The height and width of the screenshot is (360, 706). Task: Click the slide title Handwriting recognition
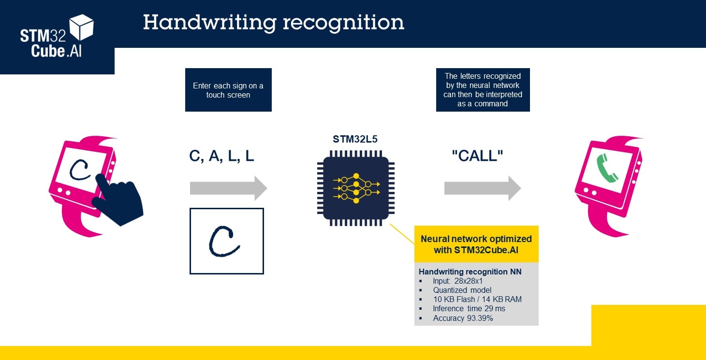pyautogui.click(x=273, y=23)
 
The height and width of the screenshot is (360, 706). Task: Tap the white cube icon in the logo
pyautogui.click(x=81, y=27)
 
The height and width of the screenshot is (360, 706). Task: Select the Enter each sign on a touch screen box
pyautogui.click(x=228, y=90)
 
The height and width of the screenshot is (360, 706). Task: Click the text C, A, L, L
pyautogui.click(x=221, y=156)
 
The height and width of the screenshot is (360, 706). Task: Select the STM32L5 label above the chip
pyautogui.click(x=355, y=140)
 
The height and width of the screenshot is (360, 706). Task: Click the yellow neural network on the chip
pyautogui.click(x=356, y=188)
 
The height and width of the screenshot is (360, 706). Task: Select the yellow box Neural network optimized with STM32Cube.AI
pyautogui.click(x=476, y=244)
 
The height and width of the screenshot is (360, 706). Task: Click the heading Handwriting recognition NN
pyautogui.click(x=470, y=272)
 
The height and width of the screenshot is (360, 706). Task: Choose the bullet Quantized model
pyautogui.click(x=462, y=290)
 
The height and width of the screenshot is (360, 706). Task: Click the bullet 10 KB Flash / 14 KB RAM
pyautogui.click(x=477, y=300)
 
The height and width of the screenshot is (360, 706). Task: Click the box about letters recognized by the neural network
pyautogui.click(x=483, y=90)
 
